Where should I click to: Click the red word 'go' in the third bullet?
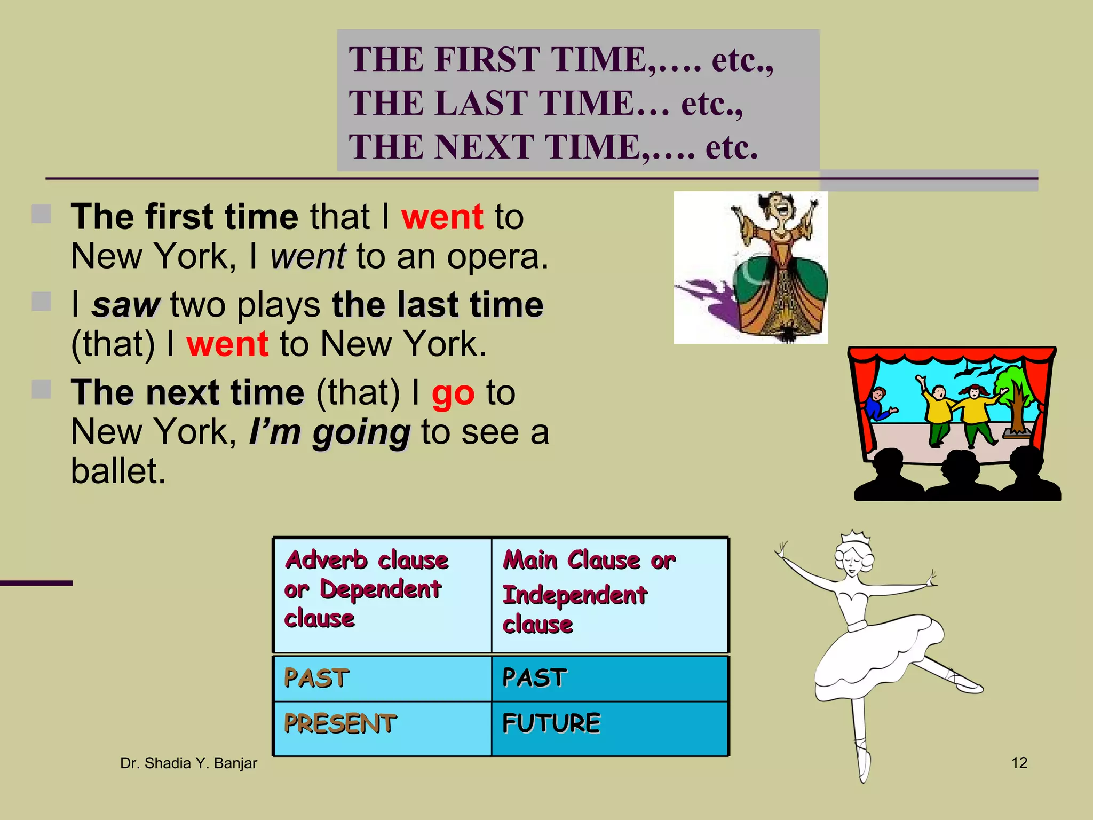pos(453,394)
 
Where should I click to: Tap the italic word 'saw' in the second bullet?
pos(125,305)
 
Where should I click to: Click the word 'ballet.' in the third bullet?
pos(118,471)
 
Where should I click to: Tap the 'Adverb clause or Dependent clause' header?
pos(366,589)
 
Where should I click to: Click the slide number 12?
pos(1019,763)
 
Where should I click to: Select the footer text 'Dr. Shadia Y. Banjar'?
pos(188,763)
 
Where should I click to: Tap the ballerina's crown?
pos(856,537)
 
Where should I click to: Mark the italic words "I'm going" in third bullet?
pos(329,432)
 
